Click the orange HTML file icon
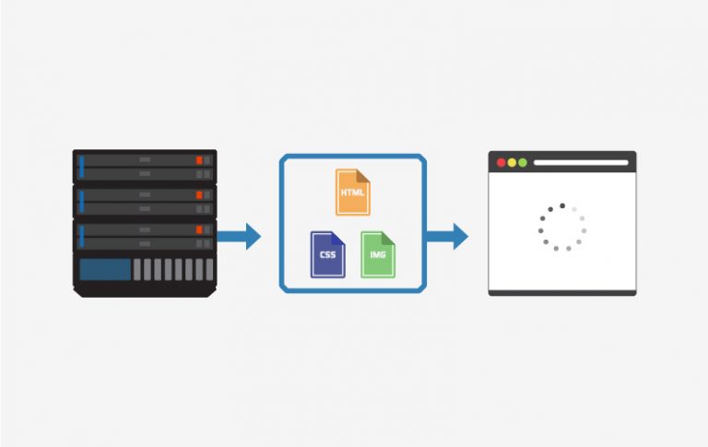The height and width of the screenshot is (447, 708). click(x=353, y=193)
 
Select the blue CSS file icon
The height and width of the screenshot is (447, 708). click(x=328, y=254)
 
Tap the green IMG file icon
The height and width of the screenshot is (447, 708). click(x=378, y=254)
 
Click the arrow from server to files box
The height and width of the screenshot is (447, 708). click(x=239, y=236)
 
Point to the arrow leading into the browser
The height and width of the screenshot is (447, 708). click(x=447, y=236)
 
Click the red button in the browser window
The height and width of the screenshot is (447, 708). click(x=501, y=162)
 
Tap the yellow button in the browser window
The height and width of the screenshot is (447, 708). click(x=512, y=162)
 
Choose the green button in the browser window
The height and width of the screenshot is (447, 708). click(x=523, y=162)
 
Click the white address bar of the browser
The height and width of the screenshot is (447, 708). click(x=581, y=162)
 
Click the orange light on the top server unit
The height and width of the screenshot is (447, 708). click(x=199, y=160)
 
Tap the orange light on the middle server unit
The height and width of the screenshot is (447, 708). click(x=199, y=195)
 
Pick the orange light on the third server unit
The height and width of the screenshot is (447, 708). click(x=199, y=229)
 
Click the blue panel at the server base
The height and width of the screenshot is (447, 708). click(x=105, y=269)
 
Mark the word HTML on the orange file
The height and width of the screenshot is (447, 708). click(x=353, y=193)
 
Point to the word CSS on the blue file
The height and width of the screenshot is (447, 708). click(x=328, y=254)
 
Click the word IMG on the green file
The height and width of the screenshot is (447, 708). click(x=378, y=254)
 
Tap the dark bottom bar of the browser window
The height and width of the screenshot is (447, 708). click(x=562, y=293)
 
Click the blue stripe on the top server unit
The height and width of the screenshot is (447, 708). click(x=82, y=167)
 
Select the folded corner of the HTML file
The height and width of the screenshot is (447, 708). click(x=363, y=176)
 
